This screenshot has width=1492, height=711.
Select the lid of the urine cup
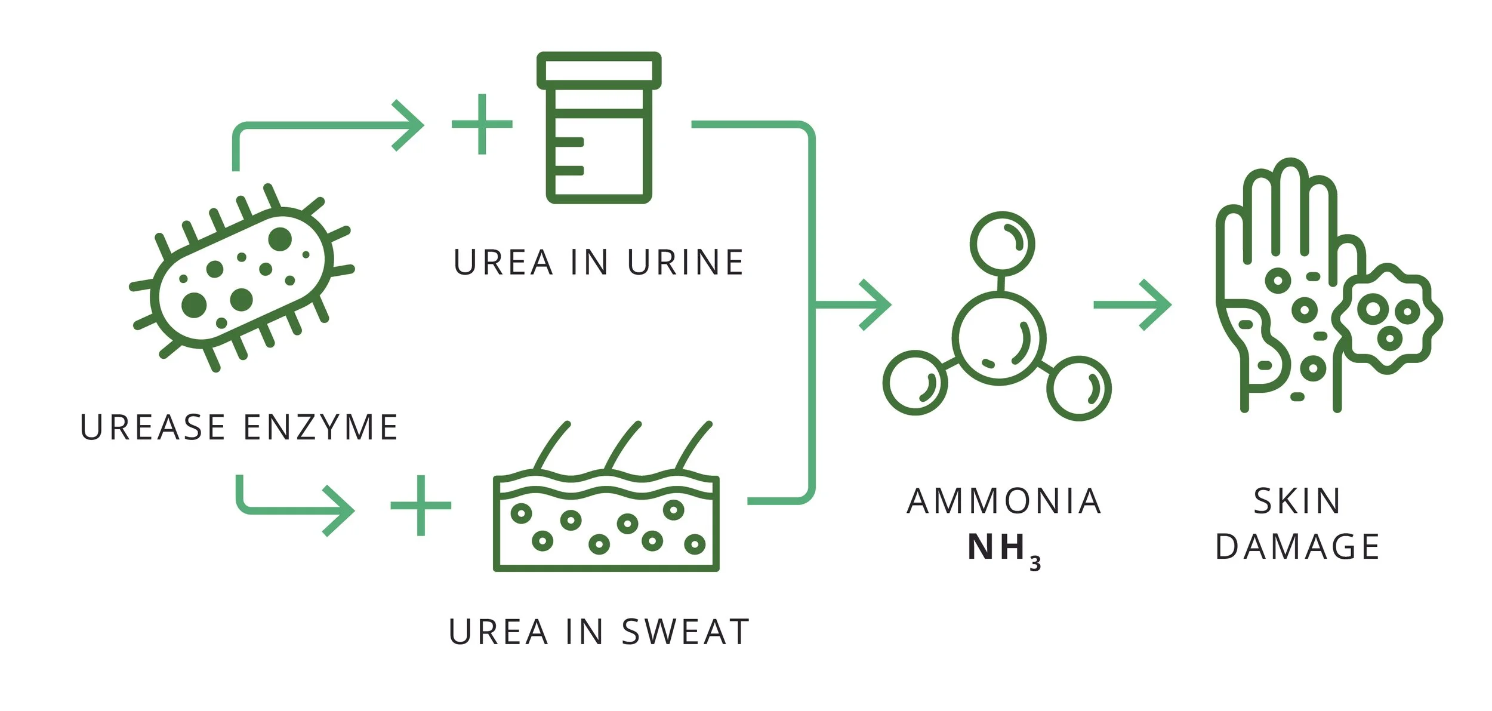point(599,70)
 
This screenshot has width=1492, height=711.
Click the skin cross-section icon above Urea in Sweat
point(606,513)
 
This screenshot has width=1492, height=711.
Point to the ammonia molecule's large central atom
point(999,338)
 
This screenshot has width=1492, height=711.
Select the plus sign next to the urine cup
point(482,124)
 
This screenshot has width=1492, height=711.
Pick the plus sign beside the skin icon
point(421,506)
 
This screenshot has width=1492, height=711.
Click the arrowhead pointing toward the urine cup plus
point(409,125)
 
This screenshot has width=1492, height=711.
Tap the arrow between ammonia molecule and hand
point(1132,304)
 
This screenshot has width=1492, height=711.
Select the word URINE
point(686,263)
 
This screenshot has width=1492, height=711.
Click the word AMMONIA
point(1004,501)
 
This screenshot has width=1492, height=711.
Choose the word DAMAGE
point(1297,547)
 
